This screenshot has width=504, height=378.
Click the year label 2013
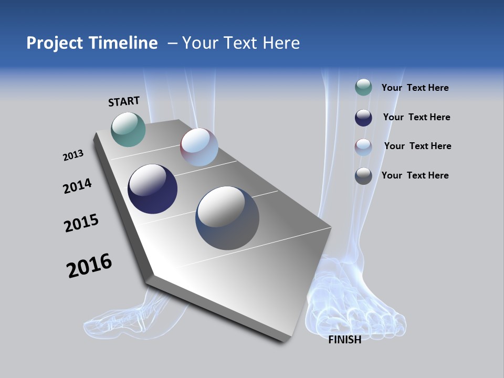click(73, 155)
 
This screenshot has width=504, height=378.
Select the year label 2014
click(77, 186)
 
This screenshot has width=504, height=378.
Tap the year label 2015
click(81, 223)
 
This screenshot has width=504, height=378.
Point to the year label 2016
click(89, 266)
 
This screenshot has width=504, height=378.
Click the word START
click(124, 101)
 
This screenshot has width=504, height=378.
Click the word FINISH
click(344, 340)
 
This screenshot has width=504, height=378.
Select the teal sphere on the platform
click(129, 129)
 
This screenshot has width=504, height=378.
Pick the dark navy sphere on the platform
click(152, 189)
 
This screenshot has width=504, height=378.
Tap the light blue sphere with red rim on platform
click(199, 147)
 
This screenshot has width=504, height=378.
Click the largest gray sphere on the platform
click(227, 218)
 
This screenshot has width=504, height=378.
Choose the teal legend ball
click(363, 87)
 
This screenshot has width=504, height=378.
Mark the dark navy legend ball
click(363, 117)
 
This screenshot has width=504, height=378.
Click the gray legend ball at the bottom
click(363, 176)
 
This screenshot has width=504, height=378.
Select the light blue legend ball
click(363, 146)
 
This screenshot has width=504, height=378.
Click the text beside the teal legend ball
click(415, 88)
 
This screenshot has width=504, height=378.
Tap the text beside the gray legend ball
click(415, 175)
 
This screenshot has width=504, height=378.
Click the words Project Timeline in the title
click(92, 43)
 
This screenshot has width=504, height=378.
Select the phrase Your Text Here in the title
click(240, 43)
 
